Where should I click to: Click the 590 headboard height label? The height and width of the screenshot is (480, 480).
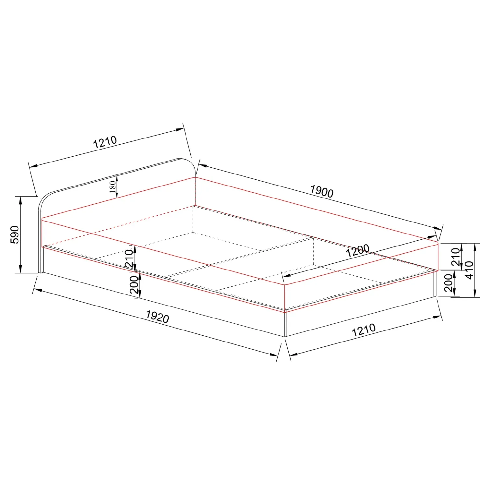point(15,234)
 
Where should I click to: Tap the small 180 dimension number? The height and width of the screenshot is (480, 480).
point(113,187)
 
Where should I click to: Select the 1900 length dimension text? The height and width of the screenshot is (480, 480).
point(322,191)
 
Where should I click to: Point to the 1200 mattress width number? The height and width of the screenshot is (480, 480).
point(357,250)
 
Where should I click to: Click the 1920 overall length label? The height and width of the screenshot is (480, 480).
point(157,317)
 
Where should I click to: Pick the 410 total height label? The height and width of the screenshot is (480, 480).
point(469,270)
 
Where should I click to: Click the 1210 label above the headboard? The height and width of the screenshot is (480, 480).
point(105,142)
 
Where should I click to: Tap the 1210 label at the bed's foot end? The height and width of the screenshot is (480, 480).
point(364,330)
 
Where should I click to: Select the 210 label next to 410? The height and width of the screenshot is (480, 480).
point(456,257)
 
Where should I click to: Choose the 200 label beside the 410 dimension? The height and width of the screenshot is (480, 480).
point(448,283)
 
